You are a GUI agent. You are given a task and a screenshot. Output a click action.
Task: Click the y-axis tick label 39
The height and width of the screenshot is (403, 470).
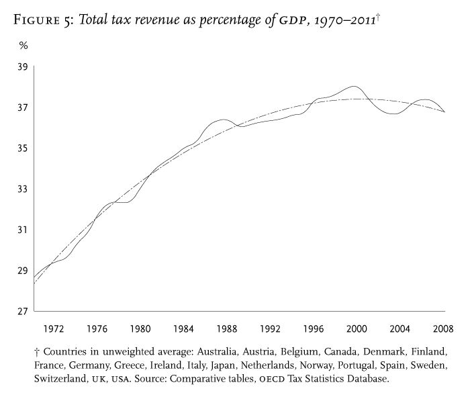tap(23, 66)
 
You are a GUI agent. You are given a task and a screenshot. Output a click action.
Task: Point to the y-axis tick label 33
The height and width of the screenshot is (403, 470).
tap(23, 189)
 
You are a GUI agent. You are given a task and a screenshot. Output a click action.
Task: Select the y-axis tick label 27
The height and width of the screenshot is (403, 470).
tap(23, 311)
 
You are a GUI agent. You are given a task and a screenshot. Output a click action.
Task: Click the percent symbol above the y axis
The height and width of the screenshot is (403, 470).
tap(23, 46)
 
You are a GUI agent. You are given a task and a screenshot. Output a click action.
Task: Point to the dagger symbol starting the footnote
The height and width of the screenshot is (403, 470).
tap(36, 351)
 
